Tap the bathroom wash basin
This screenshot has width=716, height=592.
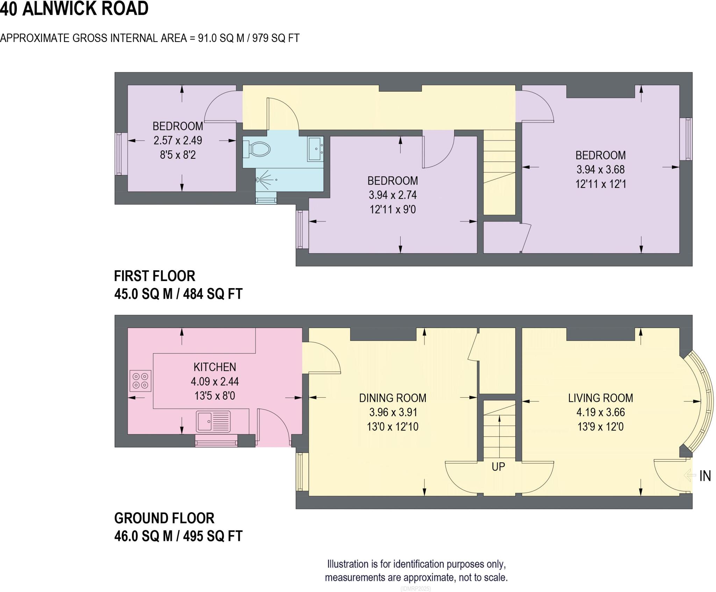[x=315, y=149]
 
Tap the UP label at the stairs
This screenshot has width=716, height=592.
[x=498, y=466]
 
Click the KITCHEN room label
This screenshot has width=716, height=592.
[x=215, y=367]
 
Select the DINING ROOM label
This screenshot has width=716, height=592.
[x=393, y=398]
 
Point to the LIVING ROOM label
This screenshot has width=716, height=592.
[x=600, y=398]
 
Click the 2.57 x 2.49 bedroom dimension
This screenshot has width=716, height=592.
[x=178, y=140]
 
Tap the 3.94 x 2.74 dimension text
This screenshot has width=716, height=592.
[x=393, y=195]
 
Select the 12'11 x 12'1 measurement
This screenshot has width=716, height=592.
[x=601, y=184]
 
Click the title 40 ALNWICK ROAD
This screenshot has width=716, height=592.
[x=74, y=8]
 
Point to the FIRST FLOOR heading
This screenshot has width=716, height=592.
[x=155, y=276]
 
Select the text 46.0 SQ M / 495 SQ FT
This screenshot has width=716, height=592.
[x=178, y=536]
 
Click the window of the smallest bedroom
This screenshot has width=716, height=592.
[x=119, y=154]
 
